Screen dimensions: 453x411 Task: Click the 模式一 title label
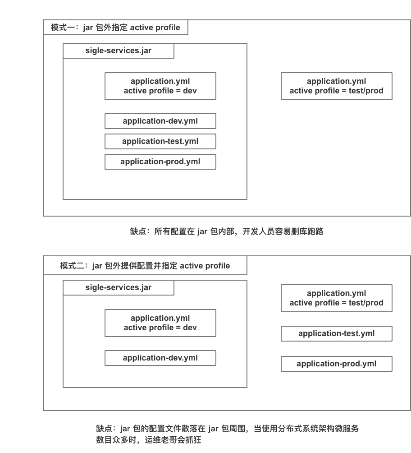115,28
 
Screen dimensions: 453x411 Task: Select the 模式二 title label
145,266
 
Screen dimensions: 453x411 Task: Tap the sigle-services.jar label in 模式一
118,51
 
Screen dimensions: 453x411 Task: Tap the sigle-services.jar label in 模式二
118,287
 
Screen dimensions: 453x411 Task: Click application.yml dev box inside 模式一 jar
160,86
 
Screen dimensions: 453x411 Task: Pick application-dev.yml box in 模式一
160,121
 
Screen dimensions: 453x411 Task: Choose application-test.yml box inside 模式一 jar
160,141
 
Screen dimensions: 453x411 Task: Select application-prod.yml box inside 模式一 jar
160,162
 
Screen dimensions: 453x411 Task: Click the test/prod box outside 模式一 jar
336,86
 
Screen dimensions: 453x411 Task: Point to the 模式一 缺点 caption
227,232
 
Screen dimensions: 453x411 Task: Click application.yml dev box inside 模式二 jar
160,323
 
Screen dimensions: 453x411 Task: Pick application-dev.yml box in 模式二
160,358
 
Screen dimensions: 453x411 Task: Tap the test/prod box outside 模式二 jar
336,298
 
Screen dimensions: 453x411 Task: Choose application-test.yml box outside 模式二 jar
336,334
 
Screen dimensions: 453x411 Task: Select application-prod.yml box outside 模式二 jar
336,364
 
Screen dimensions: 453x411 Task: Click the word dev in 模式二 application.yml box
190,328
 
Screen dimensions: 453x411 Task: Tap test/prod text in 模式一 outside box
365,91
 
